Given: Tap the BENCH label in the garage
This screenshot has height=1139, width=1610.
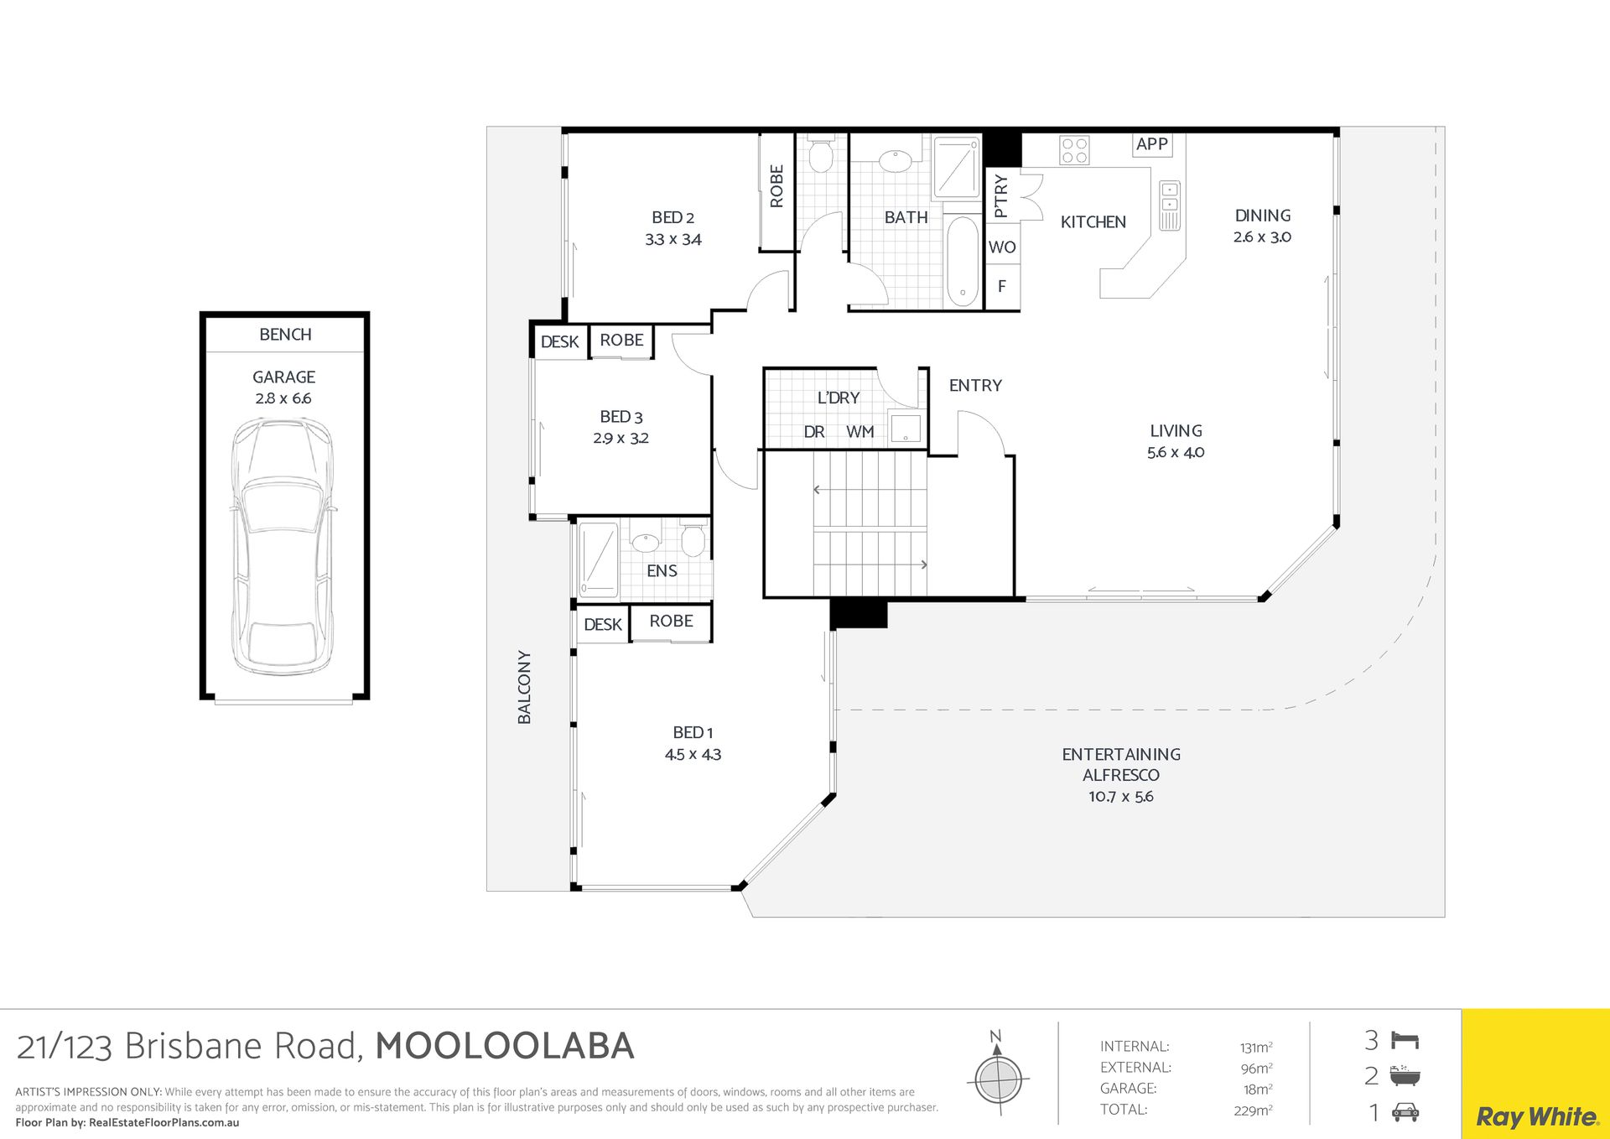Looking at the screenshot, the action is point(285,335).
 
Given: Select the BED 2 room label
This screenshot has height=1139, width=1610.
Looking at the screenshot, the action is point(673,217).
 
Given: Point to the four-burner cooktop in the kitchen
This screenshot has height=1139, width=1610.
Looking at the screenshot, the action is point(1074,150).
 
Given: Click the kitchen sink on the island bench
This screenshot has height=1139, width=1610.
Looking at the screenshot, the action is point(1169,205).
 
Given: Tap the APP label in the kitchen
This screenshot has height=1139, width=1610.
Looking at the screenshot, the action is point(1151,144).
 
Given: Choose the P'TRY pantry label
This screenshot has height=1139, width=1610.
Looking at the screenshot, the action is point(1000,195).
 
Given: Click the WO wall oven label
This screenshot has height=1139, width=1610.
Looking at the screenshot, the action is point(1002,247).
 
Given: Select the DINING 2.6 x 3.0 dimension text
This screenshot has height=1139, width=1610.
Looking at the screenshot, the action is point(1262,237).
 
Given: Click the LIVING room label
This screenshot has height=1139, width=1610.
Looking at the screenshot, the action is point(1176,431).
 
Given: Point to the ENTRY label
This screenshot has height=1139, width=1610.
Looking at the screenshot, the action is point(975,386).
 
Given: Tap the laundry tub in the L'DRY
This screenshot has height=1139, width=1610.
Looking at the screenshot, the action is point(906,429).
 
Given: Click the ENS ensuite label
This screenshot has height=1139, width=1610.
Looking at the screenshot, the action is point(662,571).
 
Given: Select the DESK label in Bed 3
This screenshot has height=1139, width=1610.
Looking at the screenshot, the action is point(559,342).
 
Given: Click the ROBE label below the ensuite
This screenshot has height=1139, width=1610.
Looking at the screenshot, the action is point(671,622).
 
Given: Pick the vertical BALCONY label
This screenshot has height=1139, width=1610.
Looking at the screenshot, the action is point(524,687).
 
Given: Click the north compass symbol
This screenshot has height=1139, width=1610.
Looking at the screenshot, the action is point(998,1077).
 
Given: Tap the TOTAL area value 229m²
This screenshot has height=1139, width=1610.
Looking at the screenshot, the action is point(1254,1110).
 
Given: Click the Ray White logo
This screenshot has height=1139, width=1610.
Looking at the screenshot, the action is point(1536,1117).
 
